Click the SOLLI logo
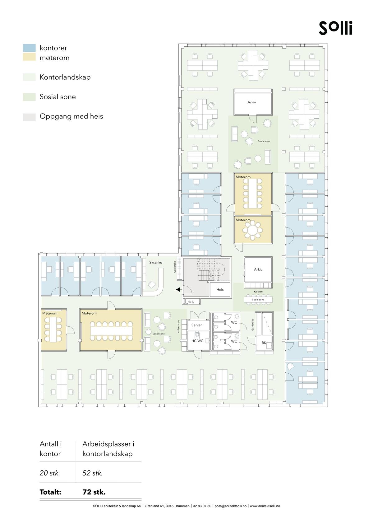pyautogui.click(x=335, y=28)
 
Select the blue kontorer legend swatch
pyautogui.click(x=29, y=48)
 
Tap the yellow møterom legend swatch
pyautogui.click(x=29, y=57)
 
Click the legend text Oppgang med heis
pyautogui.click(x=71, y=116)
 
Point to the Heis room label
pyautogui.click(x=220, y=289)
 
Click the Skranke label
pyautogui.click(x=155, y=262)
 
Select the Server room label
pyautogui.click(x=196, y=325)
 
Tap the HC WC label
pyautogui.click(x=197, y=341)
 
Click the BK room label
pyautogui.click(x=264, y=343)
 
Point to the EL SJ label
pyautogui.click(x=191, y=301)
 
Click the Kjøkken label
pyautogui.click(x=258, y=292)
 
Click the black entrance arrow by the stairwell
pyautogui.click(x=178, y=290)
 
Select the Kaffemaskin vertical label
pyautogui.click(x=179, y=327)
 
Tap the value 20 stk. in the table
pyautogui.click(x=50, y=473)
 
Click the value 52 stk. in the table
pyautogui.click(x=93, y=473)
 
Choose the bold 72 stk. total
pyautogui.click(x=94, y=492)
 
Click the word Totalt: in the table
pyautogui.click(x=50, y=492)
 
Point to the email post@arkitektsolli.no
pyautogui.click(x=230, y=506)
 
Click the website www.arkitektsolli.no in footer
pyautogui.click(x=265, y=506)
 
